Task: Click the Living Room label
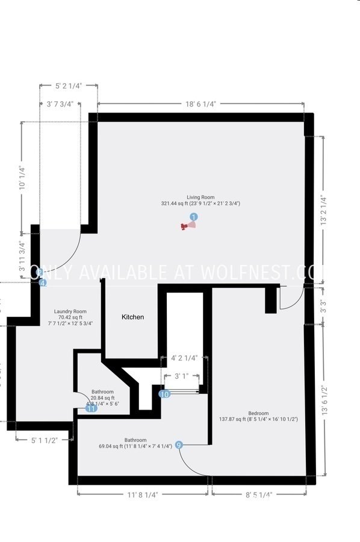point(200,197)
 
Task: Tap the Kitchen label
point(133,317)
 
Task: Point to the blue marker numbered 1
point(193,216)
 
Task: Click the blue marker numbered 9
point(179,446)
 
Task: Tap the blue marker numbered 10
point(164,394)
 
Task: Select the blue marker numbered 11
point(91,408)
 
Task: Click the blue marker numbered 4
point(42,282)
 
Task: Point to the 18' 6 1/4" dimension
point(200,104)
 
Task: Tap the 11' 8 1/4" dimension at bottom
point(143,494)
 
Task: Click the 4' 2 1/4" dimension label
point(185,357)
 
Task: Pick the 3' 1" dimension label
point(182,376)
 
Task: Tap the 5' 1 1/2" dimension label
point(44,440)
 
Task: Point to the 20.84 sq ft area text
point(102,397)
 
